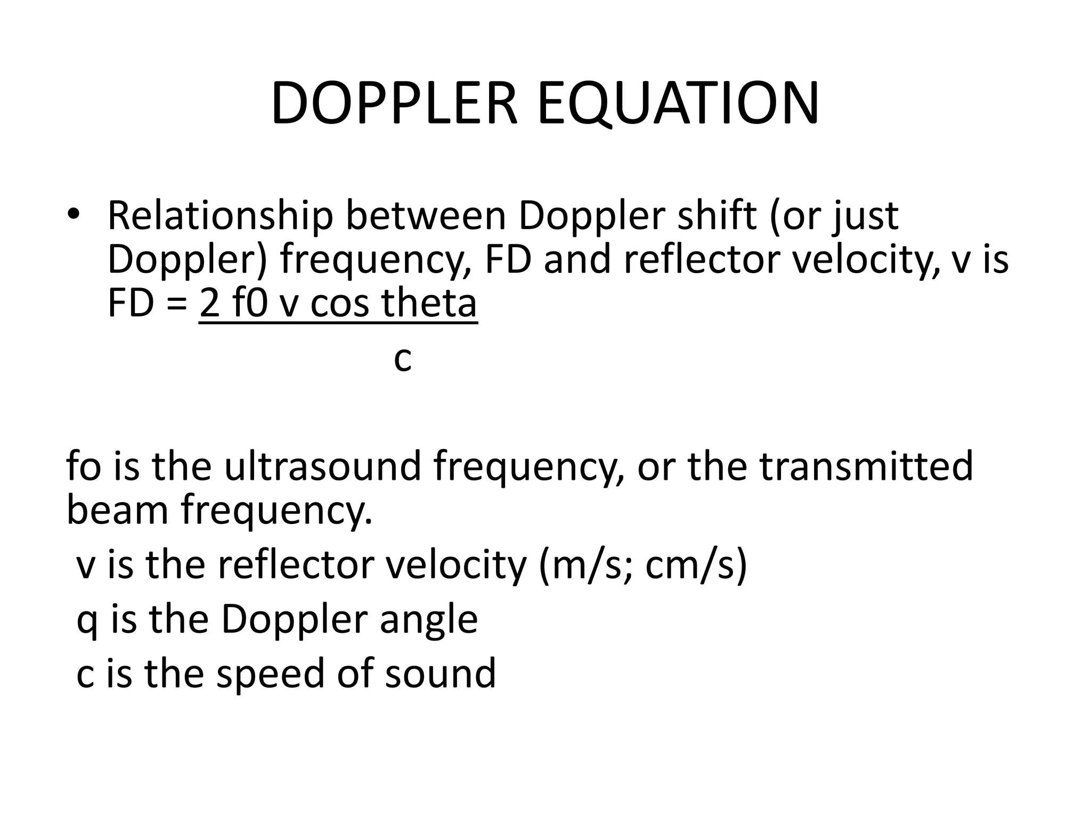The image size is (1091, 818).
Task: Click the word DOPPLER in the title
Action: coord(394,104)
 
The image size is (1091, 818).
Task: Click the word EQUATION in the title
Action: coord(678,104)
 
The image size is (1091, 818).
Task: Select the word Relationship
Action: coord(220,216)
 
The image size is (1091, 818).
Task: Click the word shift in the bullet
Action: coord(717,216)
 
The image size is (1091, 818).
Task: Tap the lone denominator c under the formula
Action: coord(403,359)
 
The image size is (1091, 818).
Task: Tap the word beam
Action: coord(116,510)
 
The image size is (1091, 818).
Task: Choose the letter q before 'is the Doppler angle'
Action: coord(87,622)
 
